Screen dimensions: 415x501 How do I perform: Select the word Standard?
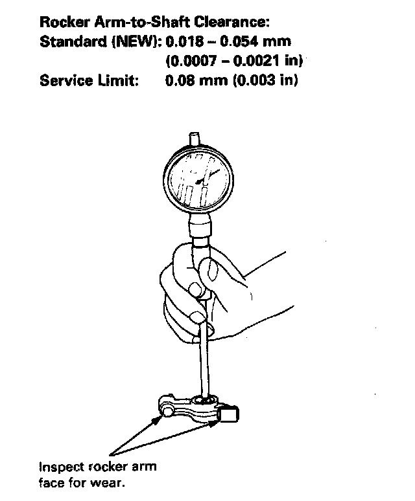tap(67, 42)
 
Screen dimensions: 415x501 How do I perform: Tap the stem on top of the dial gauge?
tap(195, 140)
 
